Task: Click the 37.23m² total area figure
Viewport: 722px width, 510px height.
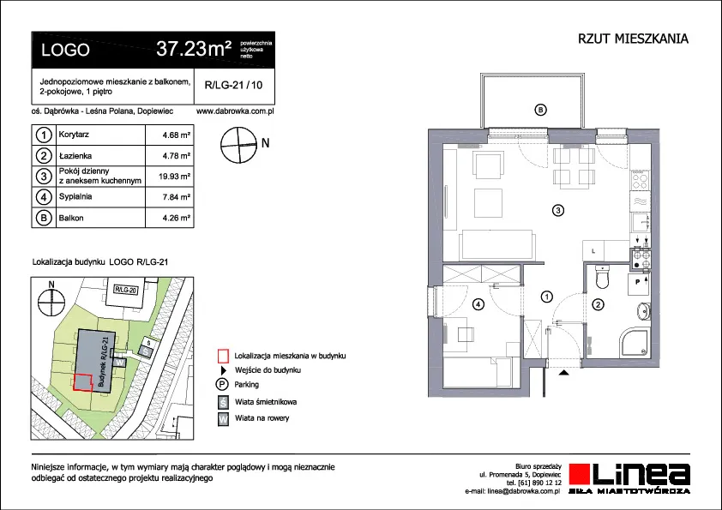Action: tap(194, 48)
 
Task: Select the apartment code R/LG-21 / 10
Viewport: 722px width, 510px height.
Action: tap(233, 85)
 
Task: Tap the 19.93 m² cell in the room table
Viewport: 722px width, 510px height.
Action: tap(175, 177)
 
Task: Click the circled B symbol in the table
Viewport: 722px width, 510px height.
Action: tap(44, 218)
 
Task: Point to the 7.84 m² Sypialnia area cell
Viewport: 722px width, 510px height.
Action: tap(177, 197)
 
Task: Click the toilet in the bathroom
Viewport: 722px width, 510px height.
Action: tap(602, 276)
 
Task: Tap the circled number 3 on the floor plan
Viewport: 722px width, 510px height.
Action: tap(558, 211)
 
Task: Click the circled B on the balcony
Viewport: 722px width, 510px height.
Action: tap(540, 110)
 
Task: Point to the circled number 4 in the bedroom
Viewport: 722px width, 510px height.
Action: tap(478, 304)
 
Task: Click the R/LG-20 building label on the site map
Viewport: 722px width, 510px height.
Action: tap(126, 290)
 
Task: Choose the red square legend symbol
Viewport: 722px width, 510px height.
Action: tap(223, 356)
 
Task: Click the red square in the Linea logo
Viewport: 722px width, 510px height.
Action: tap(581, 475)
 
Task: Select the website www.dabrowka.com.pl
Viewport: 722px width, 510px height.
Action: tap(235, 111)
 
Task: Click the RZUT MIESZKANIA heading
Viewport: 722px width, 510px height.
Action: tap(633, 39)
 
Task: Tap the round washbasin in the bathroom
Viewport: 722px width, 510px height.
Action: tap(644, 312)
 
